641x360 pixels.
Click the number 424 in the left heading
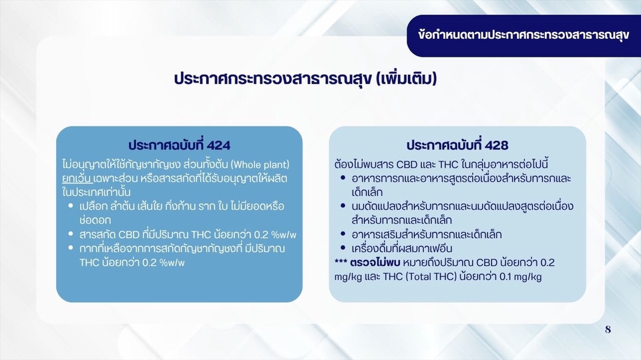(x=219, y=145)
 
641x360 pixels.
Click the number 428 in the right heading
(x=497, y=146)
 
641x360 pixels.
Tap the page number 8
(x=608, y=329)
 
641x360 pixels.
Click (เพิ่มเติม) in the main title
(x=406, y=79)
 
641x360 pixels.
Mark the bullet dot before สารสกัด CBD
(x=71, y=234)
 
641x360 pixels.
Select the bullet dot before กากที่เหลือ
(x=71, y=248)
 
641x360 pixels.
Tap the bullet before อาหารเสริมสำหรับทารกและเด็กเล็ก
(x=343, y=234)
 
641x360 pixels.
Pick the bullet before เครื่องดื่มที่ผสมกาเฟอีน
(x=343, y=248)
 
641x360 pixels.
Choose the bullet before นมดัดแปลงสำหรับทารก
(x=343, y=206)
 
